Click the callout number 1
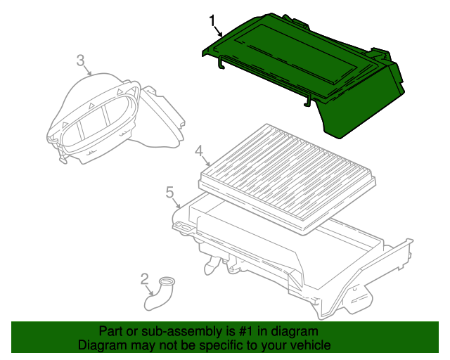coord(212,20)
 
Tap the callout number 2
coord(144,279)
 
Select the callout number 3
coord(81,60)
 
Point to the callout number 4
coord(199,151)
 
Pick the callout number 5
coord(170,193)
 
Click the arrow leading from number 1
coord(219,32)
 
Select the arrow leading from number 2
coord(150,290)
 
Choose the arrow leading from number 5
coord(176,202)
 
